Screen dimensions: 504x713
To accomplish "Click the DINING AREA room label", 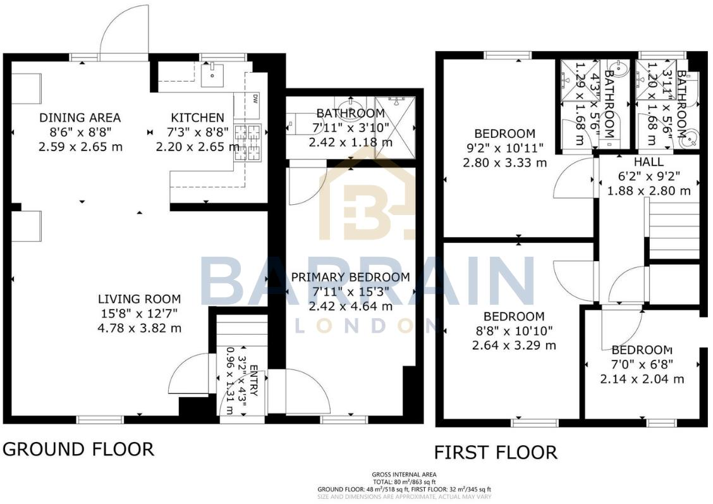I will coord(80,118).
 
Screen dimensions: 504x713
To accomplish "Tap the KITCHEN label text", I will coord(197,118).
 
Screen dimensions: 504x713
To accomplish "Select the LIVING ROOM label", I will coord(139,299).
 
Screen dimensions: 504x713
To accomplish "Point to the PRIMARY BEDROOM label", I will coord(350,278).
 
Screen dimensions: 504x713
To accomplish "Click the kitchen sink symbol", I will coord(211,75).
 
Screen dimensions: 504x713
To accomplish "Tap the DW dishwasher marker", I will coord(255,99).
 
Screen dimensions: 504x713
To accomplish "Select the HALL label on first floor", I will coord(649,163).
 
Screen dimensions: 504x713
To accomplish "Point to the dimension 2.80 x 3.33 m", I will coord(504,163).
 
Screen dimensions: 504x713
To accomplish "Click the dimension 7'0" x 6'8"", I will coord(642,365).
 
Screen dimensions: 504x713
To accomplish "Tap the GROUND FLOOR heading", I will coord(78,450).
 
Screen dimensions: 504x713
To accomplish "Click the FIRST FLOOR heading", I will coord(495,453).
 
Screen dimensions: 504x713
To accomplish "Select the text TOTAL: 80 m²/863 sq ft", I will coord(405,482).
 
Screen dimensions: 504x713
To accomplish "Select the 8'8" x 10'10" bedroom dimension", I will coord(514,331).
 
